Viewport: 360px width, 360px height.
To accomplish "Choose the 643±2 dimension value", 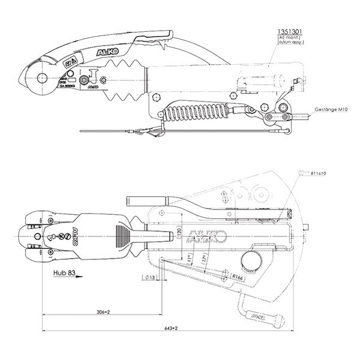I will coord(173,328).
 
